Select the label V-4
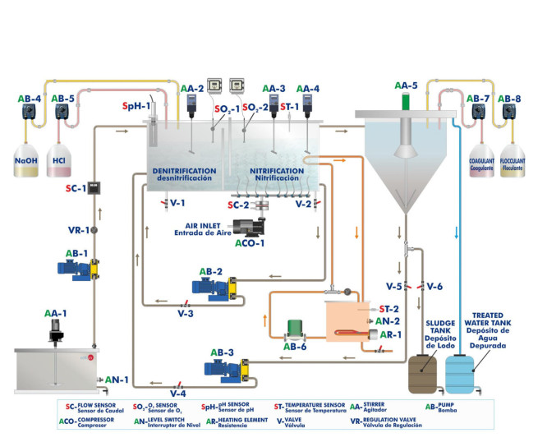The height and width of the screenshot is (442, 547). [x=177, y=394]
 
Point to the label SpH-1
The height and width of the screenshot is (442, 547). [x=136, y=106]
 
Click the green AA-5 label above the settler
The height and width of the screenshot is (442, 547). [x=405, y=85]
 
